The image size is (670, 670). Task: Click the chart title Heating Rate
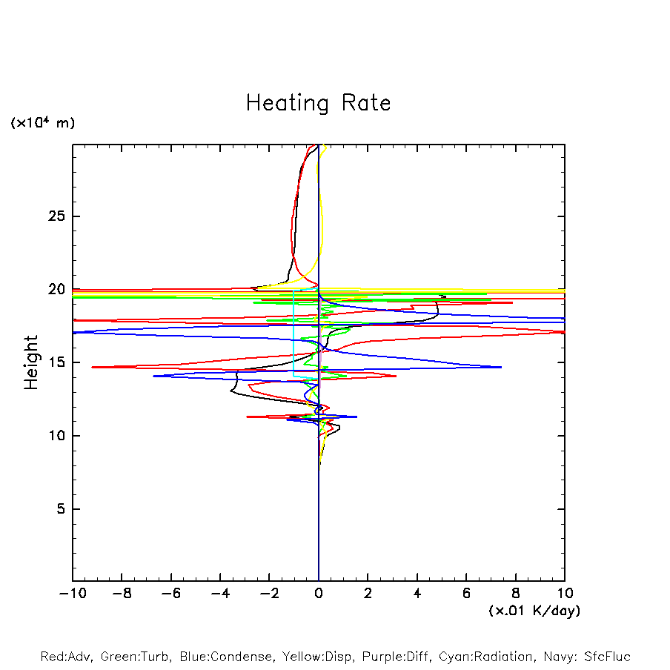pyautogui.click(x=318, y=103)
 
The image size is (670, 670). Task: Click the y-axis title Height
pyautogui.click(x=31, y=362)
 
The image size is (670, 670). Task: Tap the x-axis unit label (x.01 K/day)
pyautogui.click(x=534, y=611)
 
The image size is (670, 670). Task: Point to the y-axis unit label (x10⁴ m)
pyautogui.click(x=42, y=123)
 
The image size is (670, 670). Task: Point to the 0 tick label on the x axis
pyautogui.click(x=319, y=594)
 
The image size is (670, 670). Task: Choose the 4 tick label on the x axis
pyautogui.click(x=417, y=594)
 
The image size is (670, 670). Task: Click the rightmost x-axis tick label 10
pyautogui.click(x=565, y=594)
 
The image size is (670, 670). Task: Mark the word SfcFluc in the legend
pyautogui.click(x=606, y=657)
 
